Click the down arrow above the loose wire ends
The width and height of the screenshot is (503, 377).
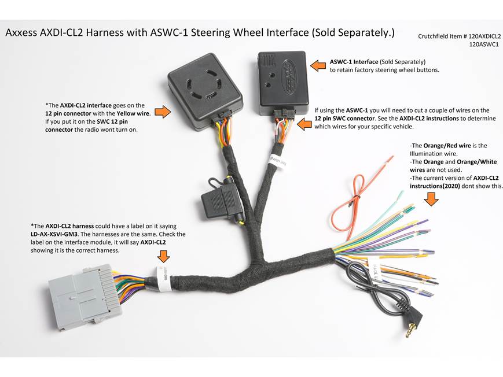pos(431,199)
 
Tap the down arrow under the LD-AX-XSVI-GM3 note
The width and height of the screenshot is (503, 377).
pos(164,256)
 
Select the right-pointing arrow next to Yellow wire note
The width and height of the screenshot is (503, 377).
pos(163,112)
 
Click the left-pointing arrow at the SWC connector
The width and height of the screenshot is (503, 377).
pos(304,123)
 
